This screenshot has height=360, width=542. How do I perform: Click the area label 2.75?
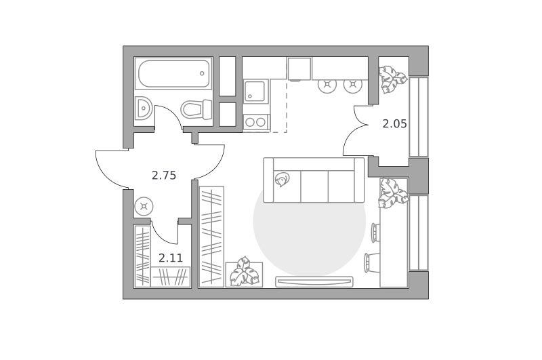point(164,176)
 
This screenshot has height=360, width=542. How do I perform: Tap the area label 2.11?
point(171,258)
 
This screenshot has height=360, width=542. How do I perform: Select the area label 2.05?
point(395,123)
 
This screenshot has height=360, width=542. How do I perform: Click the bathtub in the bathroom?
point(173,73)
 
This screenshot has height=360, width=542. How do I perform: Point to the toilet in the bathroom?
point(196,109)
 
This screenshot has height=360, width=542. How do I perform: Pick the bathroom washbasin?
point(143,108)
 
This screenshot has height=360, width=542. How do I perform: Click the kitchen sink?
point(255,91)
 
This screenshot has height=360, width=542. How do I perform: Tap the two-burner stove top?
point(255,122)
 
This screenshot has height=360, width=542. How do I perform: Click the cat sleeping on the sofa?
point(282,180)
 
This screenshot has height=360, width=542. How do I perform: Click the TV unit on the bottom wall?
point(314,281)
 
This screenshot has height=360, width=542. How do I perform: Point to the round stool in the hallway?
point(144,207)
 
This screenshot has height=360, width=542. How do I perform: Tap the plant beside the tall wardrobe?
point(245,272)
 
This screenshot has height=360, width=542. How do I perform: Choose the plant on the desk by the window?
point(392,193)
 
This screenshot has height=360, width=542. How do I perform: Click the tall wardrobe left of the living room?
point(212,237)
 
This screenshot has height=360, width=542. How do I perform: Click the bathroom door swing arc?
point(173,114)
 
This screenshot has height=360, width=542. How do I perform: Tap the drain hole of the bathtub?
point(202,73)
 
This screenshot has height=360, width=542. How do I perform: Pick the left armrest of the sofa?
point(268,180)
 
